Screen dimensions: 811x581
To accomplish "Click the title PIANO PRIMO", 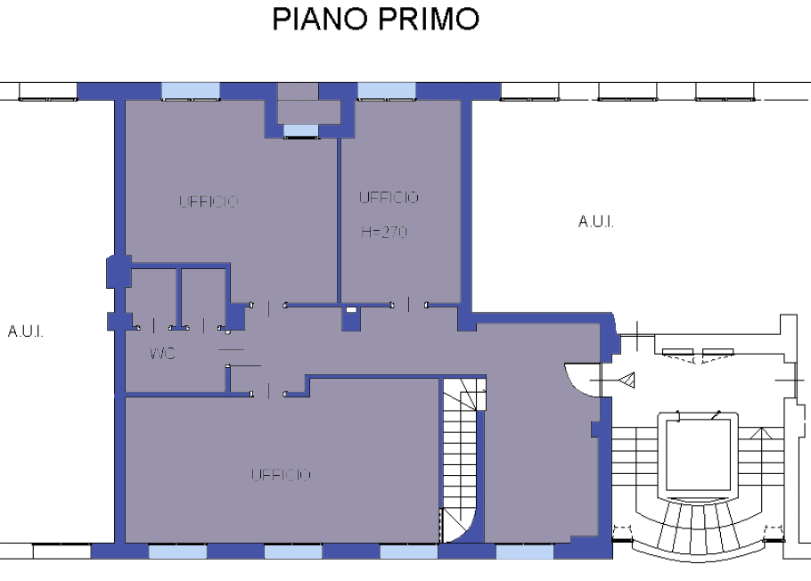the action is click(x=375, y=19).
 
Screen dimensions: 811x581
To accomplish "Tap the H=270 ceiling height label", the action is click(x=384, y=232).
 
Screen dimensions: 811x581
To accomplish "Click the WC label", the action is click(x=162, y=354).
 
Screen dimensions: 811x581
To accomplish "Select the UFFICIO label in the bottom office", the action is click(x=281, y=475).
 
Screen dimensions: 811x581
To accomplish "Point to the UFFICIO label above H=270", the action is click(x=389, y=198).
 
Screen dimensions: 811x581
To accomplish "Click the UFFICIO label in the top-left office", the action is click(x=209, y=201).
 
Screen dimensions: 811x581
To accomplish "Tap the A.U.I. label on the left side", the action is click(x=25, y=331).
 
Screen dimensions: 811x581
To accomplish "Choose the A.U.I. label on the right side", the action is click(x=596, y=221).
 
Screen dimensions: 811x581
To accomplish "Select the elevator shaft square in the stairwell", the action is click(x=698, y=455).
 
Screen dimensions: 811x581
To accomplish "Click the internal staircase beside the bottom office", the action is click(x=463, y=461).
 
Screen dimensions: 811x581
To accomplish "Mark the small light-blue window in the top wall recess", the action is click(x=300, y=130).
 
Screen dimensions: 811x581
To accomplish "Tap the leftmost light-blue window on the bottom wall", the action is click(x=178, y=552).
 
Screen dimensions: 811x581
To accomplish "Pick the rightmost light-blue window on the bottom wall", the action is click(x=524, y=552).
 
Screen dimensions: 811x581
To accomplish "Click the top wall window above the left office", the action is click(x=191, y=91).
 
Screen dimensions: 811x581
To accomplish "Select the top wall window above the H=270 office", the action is click(x=387, y=91).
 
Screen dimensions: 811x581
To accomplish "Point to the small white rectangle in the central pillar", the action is click(x=351, y=309).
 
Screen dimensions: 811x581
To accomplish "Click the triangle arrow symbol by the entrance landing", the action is click(x=627, y=381).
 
